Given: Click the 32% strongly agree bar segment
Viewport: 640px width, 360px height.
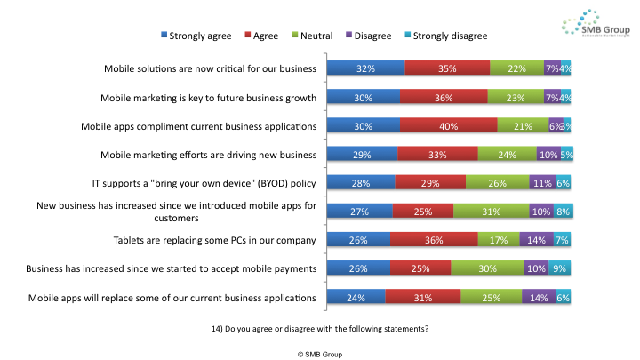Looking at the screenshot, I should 365,68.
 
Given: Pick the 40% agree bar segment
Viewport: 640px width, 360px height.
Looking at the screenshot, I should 449,125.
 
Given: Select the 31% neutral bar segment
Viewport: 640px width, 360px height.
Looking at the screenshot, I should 487,211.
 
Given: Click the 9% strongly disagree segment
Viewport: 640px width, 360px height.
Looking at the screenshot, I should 559,268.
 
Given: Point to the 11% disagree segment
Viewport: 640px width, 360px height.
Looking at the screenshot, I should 541,182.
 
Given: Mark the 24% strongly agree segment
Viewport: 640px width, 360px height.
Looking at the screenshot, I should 356,297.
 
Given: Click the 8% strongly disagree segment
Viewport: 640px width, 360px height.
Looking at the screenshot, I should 561,211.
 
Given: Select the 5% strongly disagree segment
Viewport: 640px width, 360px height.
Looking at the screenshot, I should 565,154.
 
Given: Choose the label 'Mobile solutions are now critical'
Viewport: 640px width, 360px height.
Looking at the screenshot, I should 211,68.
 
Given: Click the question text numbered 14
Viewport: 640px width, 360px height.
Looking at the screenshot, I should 320,329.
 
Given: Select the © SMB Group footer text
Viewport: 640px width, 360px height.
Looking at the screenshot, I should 320,353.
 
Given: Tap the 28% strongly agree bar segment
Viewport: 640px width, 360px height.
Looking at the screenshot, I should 361,182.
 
